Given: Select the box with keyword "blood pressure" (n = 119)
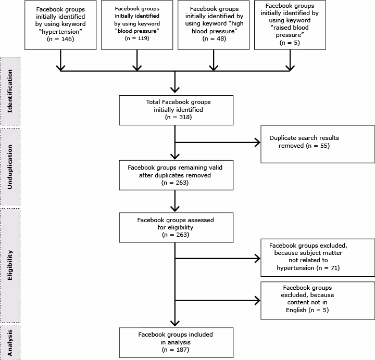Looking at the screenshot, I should tap(137, 25).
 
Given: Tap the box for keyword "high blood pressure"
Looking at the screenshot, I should tap(214, 25).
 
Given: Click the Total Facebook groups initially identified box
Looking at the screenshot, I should tap(175, 110).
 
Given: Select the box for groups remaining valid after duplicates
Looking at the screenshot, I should tap(175, 175).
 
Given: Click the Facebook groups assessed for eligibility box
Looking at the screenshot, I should tap(175, 227).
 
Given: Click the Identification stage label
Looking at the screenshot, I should tap(10, 90).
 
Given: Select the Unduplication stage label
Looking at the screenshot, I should tap(10, 166).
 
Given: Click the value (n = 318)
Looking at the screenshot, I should tap(175, 118).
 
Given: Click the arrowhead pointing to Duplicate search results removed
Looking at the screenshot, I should tap(257, 143).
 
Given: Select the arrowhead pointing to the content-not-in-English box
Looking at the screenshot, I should tap(257, 300).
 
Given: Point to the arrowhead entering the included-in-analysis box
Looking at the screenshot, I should tap(175, 324).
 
